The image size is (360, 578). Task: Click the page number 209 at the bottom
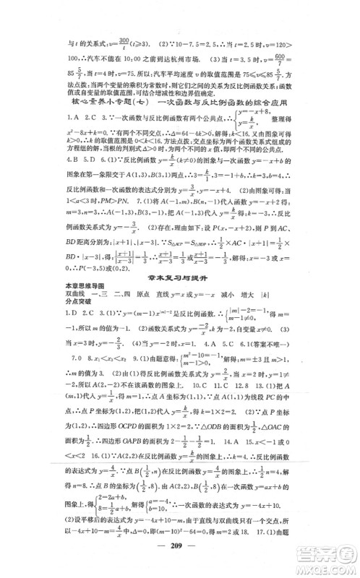click(180, 548)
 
